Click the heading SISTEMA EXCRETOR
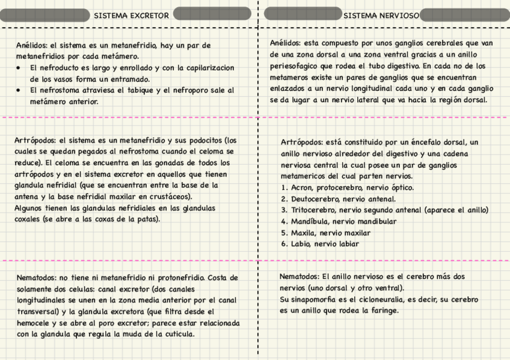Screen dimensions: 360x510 [x=131, y=15]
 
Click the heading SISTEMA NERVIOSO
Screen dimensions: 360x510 [x=381, y=15]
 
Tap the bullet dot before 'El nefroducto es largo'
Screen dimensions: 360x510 [x=19, y=68]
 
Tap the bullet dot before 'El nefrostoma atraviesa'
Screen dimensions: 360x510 [x=19, y=90]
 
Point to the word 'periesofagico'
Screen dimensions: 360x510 [x=294, y=66]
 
